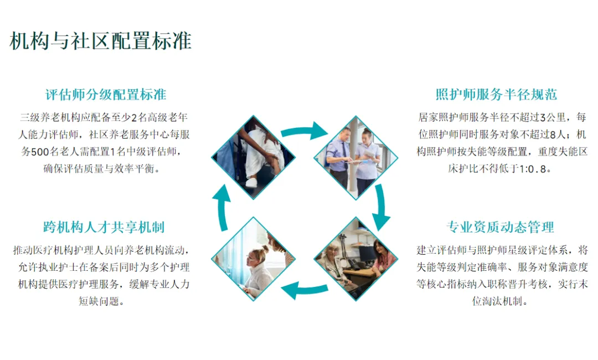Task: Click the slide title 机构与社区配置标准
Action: [x=101, y=41]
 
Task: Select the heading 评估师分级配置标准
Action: [x=106, y=94]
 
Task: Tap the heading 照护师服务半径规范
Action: [x=496, y=94]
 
